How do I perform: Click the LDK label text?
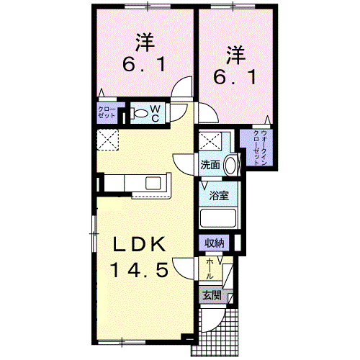coord(140,244)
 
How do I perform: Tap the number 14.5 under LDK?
coord(139,269)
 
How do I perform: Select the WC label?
coord(156,114)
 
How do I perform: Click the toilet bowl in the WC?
coord(140,113)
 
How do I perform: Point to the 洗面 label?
coord(210,165)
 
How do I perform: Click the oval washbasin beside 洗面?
coord(230,165)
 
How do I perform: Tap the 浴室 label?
coord(219,196)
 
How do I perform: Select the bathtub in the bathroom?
coord(218,218)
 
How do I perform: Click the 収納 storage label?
coord(215,243)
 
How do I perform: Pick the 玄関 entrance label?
coord(212,295)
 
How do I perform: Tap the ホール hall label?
coord(210,269)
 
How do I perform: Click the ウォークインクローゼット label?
coord(261,148)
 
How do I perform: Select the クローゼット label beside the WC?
coord(107,112)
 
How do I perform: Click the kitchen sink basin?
coord(153,183)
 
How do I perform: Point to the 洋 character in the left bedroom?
coord(145,42)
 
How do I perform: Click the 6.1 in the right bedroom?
coord(235,76)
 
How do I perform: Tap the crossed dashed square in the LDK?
coord(107,140)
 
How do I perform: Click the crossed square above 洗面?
coord(210,141)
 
